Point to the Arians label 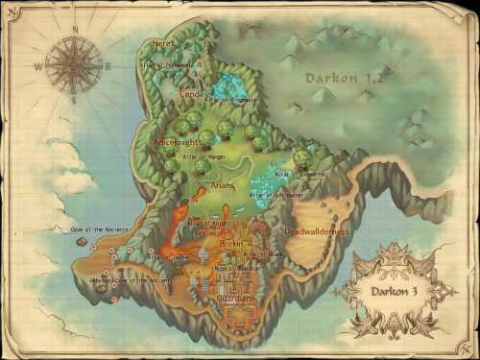(x=224, y=186)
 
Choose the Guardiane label (x=237, y=299)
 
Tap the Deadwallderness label (x=316, y=231)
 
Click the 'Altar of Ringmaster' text (x=230, y=99)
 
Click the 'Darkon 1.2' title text (x=344, y=77)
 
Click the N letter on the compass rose (x=74, y=29)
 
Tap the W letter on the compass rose (x=38, y=67)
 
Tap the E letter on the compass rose (x=108, y=66)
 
